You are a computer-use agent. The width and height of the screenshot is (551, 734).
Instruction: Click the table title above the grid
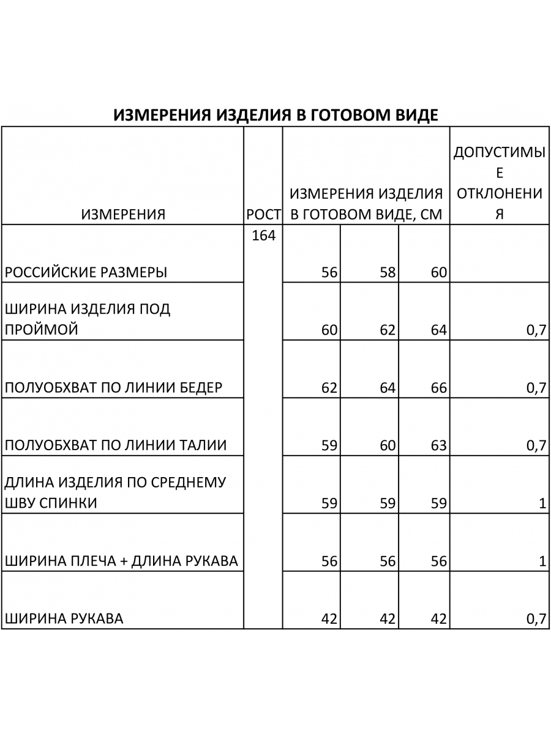(275, 116)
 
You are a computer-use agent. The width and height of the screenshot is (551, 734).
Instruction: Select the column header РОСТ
(263, 214)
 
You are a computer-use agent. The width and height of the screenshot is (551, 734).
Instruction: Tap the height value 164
(264, 235)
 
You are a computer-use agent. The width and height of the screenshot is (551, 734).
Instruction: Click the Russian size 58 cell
(388, 272)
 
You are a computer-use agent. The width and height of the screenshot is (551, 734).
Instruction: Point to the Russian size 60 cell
(439, 272)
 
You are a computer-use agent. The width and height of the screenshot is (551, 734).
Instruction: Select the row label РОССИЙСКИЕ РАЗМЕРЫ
(86, 272)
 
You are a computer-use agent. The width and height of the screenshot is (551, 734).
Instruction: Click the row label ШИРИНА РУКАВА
(64, 618)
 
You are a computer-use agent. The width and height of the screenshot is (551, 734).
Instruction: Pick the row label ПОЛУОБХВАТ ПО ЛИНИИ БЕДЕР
(113, 388)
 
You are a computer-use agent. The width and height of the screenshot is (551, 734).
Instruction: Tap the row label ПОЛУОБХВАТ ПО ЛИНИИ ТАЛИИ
(116, 445)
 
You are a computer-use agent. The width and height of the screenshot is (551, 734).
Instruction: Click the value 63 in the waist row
(439, 445)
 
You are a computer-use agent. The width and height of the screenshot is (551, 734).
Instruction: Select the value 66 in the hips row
(439, 388)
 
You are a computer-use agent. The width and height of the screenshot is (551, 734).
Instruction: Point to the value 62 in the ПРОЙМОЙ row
(388, 330)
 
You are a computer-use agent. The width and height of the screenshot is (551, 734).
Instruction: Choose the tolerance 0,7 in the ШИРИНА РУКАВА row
(536, 618)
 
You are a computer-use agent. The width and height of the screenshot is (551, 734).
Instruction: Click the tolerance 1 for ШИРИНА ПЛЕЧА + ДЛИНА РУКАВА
(542, 561)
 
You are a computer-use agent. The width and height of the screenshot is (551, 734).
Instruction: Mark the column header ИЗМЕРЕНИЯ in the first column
(123, 214)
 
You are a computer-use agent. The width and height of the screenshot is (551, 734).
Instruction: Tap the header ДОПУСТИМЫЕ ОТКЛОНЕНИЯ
(499, 183)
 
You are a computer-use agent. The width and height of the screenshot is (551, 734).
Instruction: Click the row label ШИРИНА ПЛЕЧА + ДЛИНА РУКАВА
(121, 561)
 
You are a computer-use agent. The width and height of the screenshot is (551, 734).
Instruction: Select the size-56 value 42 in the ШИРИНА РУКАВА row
(329, 618)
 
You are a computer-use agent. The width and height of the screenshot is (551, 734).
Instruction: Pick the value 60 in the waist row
(388, 445)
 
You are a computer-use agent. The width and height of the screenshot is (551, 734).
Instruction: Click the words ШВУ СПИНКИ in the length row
(51, 503)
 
